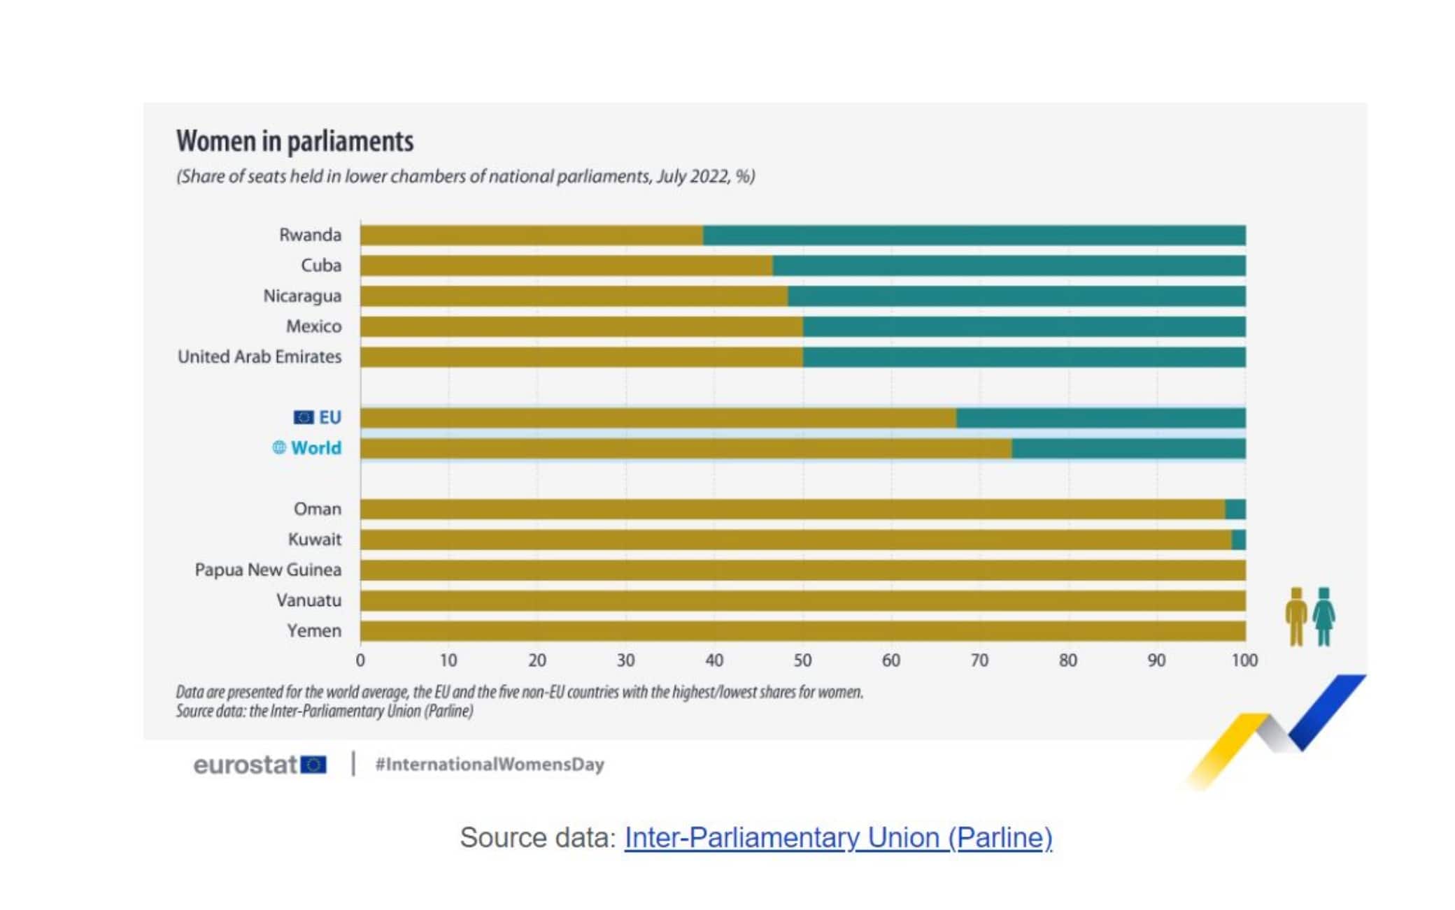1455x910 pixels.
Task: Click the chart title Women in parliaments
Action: click(294, 141)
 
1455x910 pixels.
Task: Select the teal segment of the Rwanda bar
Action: click(974, 236)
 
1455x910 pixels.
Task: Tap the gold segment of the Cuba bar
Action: click(566, 266)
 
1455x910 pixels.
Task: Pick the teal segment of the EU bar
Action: click(1100, 418)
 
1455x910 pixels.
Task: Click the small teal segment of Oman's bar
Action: click(1235, 510)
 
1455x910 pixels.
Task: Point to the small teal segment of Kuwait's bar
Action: click(1239, 540)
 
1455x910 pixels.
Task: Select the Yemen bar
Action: click(802, 631)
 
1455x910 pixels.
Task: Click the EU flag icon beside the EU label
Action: click(303, 417)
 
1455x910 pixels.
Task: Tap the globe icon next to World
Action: click(279, 447)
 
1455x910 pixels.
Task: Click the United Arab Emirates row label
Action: click(260, 356)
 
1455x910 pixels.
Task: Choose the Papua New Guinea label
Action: click(268, 570)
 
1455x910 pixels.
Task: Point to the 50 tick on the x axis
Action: click(802, 660)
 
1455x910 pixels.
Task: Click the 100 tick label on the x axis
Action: click(1244, 660)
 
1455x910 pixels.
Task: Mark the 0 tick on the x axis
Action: click(360, 660)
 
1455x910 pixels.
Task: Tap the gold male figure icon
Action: click(1296, 616)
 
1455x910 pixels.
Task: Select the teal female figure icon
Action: click(1323, 616)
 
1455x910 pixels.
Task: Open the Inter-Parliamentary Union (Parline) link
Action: click(838, 837)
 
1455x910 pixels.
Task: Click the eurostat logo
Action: click(260, 765)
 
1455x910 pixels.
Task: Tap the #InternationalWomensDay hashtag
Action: click(490, 765)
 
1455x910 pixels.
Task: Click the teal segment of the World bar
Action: click(1128, 449)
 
